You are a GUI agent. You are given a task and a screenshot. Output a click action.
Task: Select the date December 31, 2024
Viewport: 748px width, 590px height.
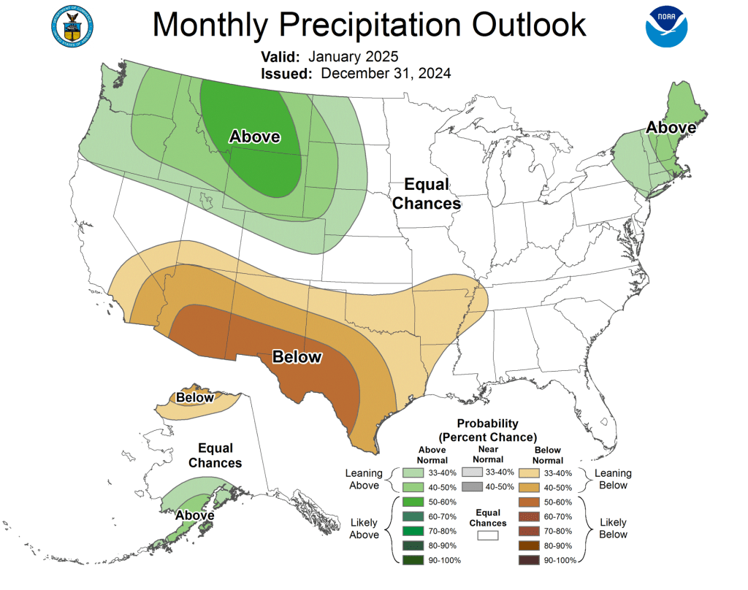[386, 73]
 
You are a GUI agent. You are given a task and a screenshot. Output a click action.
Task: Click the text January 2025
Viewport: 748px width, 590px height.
[354, 56]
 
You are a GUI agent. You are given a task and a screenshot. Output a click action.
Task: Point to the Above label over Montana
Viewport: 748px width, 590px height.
[255, 137]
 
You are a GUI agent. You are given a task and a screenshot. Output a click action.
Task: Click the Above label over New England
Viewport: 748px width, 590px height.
[671, 128]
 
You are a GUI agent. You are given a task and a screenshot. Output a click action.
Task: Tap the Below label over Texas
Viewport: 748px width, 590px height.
[297, 357]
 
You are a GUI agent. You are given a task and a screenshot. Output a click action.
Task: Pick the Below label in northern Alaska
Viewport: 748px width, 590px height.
[195, 398]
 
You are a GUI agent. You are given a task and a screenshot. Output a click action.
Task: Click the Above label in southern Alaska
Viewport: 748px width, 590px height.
[194, 515]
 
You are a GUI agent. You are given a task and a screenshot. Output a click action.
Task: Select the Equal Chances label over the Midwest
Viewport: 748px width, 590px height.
[427, 194]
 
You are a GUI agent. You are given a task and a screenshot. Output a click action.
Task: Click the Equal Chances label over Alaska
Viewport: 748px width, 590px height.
[215, 456]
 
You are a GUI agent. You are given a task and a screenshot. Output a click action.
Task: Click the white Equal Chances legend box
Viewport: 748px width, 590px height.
[487, 536]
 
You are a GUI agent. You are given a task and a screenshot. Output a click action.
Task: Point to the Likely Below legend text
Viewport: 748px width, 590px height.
[612, 529]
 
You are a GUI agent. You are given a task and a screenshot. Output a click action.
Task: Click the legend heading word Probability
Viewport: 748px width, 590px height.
[487, 424]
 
